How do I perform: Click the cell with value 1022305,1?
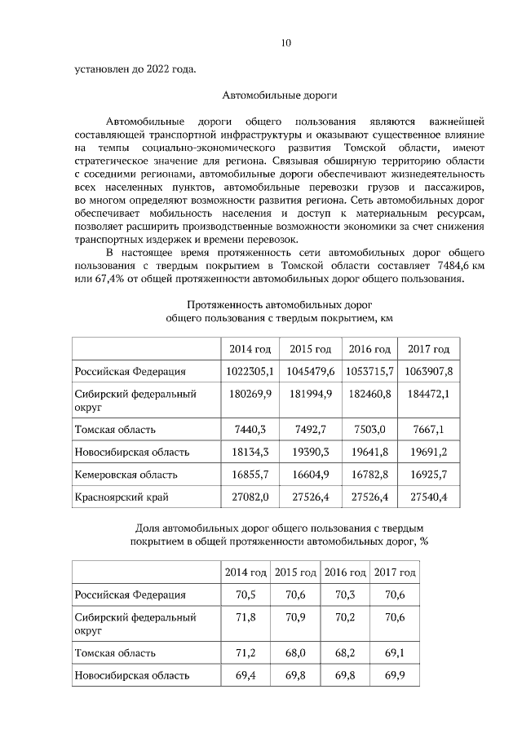[250, 371]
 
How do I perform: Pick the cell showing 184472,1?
[429, 395]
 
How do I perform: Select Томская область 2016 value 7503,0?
[370, 429]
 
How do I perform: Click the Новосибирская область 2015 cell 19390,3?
[310, 452]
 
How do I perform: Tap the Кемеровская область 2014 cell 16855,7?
[250, 474]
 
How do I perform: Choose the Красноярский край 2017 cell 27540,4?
[429, 496]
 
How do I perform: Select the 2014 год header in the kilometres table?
[250, 349]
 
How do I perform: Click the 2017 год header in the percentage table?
[395, 573]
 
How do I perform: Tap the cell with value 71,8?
[246, 618]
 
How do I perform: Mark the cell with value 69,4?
[246, 675]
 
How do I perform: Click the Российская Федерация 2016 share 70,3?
[345, 595]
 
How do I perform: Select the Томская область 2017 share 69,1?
[395, 652]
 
